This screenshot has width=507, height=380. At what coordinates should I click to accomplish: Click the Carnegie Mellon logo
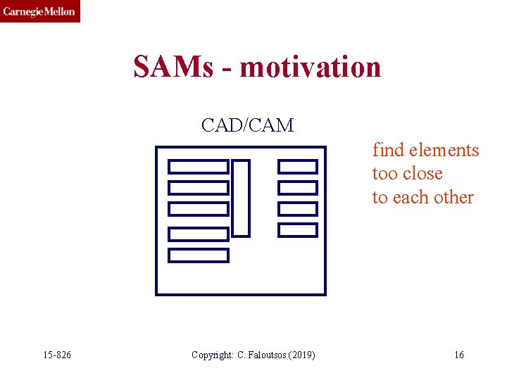coord(40,11)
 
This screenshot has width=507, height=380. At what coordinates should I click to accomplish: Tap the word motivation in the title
coord(311,68)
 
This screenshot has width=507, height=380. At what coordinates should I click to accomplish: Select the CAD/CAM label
coord(247,125)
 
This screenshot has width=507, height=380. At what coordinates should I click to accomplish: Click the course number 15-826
coord(56,355)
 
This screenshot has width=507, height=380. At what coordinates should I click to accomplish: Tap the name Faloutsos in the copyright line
coord(268,355)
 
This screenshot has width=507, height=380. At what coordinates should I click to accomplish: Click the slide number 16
coord(459,355)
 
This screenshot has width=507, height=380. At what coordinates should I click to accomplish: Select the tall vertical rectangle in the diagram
coord(241,198)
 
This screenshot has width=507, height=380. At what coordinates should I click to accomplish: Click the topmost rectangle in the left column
coord(199,167)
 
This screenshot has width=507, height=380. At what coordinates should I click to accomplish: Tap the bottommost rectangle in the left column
coord(199,255)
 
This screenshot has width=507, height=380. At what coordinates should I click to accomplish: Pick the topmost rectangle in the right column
coord(298,166)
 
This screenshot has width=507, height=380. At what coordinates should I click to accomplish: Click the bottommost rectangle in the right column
coord(298,229)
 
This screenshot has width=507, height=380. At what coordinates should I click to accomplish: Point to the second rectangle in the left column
coord(199,188)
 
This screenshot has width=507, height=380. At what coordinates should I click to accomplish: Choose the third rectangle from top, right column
coord(298,209)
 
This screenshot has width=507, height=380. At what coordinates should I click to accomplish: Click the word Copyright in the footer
coord(213,355)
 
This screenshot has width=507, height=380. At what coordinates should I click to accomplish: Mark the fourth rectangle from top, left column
coord(199,234)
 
